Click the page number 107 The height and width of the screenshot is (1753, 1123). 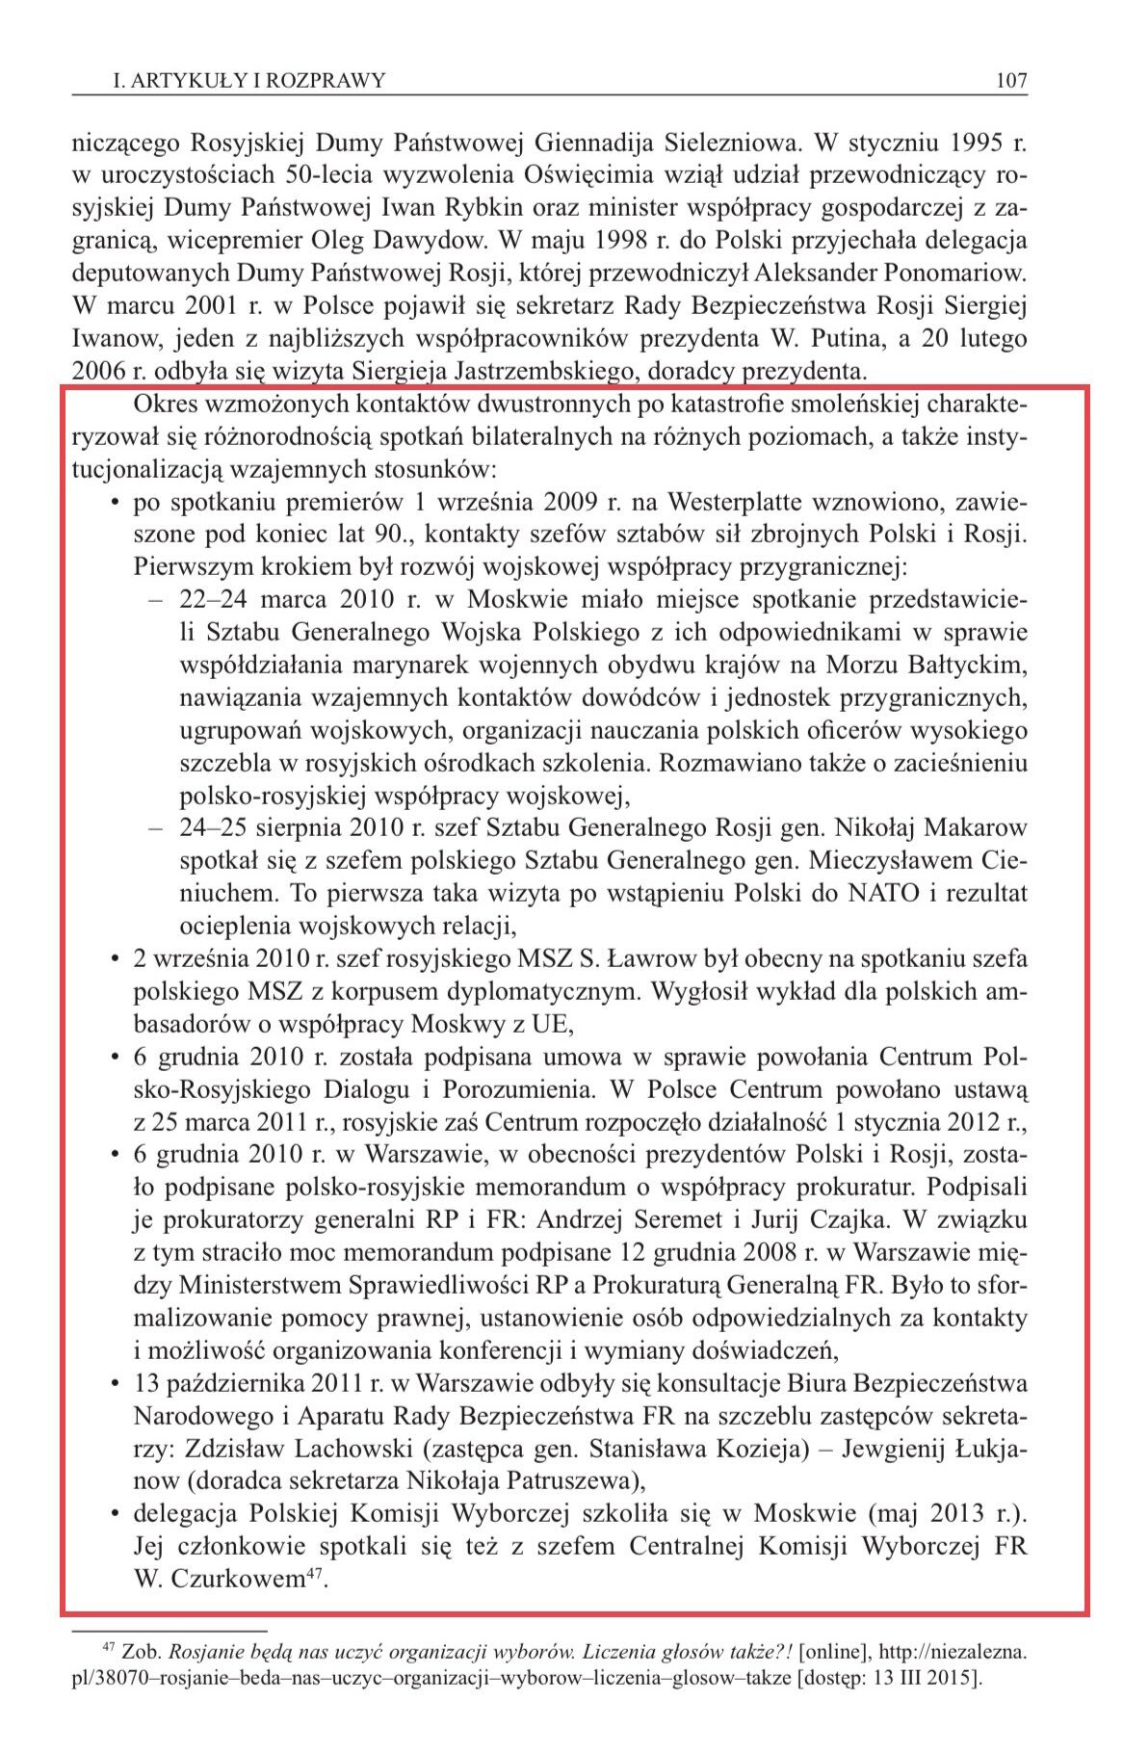1011,80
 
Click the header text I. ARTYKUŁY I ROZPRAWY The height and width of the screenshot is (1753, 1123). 248,80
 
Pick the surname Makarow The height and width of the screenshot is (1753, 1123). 983,827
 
